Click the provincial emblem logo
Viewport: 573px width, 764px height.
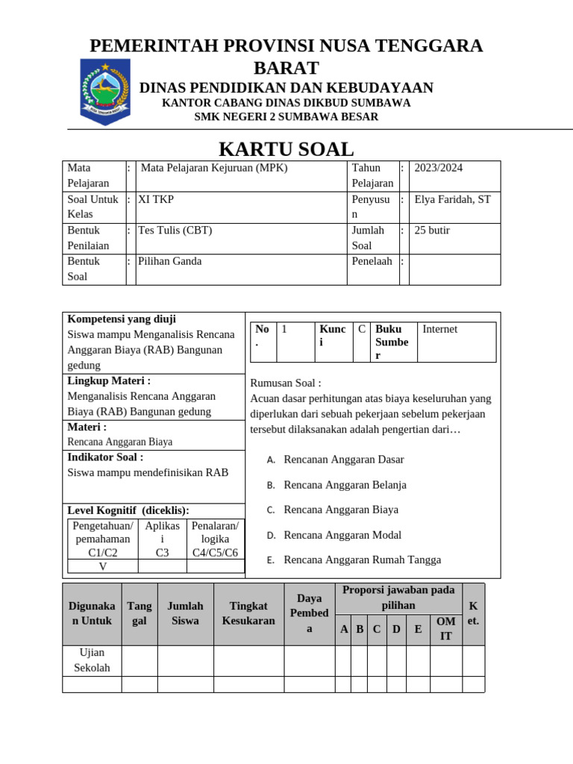105,91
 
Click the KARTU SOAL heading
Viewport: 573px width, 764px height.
286,149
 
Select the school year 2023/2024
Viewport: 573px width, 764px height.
439,168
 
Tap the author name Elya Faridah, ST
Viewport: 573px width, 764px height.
452,199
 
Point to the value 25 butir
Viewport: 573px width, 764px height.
432,231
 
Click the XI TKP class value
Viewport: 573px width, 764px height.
156,199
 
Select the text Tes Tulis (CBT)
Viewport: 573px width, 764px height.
175,231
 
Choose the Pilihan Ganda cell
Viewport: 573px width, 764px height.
170,261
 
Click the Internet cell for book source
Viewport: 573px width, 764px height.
440,329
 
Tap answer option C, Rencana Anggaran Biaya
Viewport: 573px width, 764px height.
341,510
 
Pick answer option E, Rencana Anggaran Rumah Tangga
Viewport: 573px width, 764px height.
362,560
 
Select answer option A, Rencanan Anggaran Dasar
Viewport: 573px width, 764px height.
344,460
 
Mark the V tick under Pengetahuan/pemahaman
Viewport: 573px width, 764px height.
103,566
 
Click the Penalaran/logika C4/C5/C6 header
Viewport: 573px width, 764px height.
216,539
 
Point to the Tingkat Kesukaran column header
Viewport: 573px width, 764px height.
248,613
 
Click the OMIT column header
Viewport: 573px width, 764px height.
445,628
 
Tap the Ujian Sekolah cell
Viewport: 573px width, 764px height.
92,660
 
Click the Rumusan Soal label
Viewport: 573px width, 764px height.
286,383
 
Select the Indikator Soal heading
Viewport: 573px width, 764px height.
105,457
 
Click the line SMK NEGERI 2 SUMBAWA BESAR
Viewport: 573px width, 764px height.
286,117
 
